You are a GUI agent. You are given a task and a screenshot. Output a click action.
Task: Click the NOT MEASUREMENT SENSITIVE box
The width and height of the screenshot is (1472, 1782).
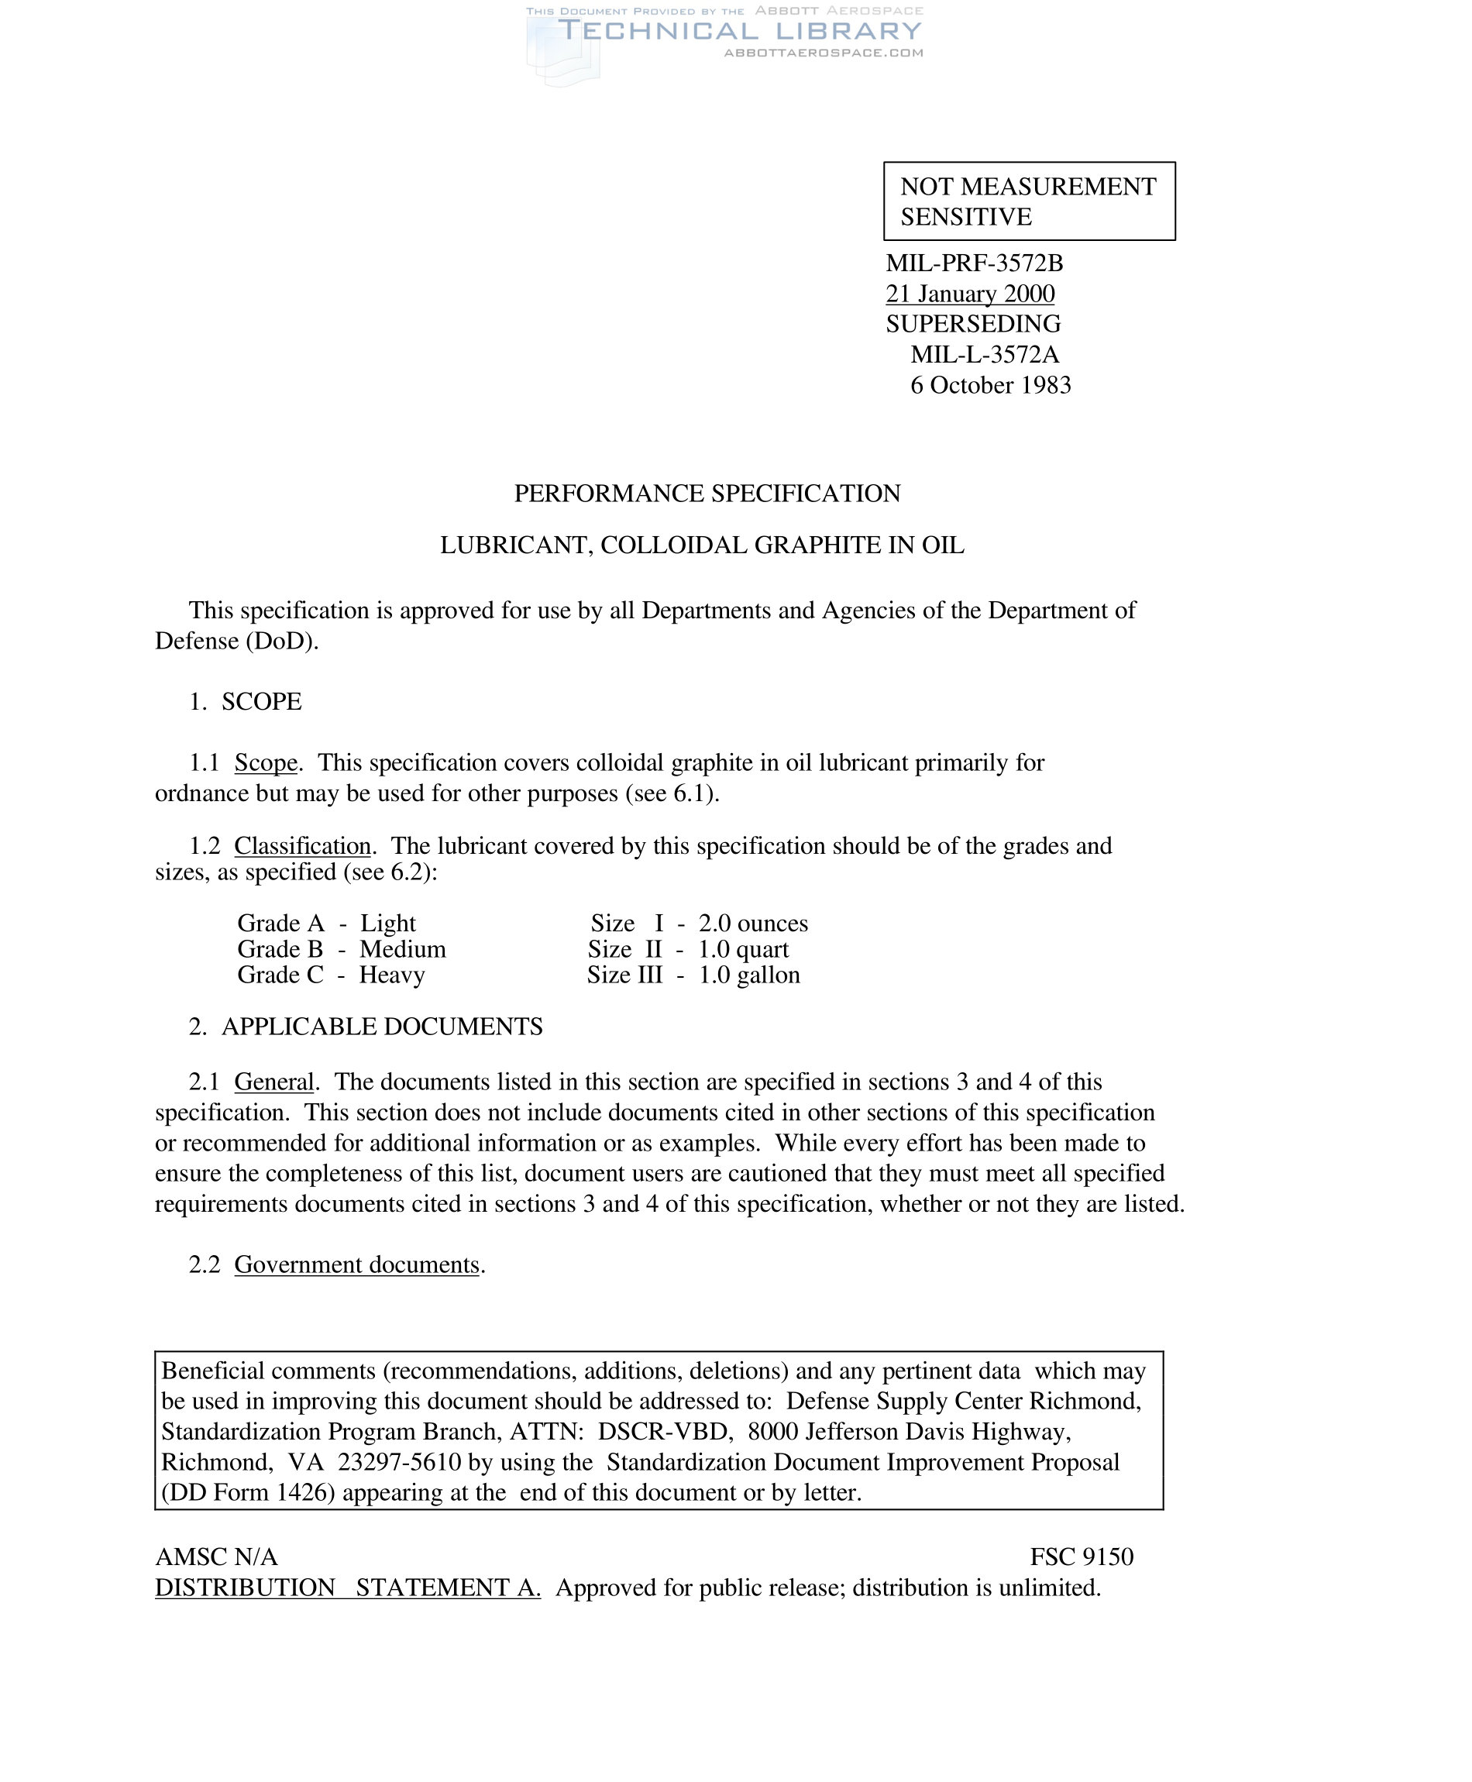point(1029,201)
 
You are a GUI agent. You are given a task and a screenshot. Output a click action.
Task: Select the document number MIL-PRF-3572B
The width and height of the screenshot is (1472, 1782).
point(975,263)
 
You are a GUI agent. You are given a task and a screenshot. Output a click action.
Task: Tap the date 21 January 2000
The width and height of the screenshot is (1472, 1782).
point(970,294)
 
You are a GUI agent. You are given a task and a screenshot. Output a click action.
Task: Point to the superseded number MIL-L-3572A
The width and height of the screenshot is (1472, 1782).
point(985,354)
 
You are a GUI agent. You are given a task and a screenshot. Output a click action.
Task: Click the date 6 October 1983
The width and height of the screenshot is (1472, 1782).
point(990,385)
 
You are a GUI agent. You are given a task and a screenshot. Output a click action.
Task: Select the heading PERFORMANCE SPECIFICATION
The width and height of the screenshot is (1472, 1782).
point(707,494)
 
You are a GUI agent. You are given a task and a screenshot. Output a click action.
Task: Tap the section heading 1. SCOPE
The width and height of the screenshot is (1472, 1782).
point(245,702)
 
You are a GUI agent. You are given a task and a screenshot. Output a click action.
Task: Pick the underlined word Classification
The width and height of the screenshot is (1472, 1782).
point(303,845)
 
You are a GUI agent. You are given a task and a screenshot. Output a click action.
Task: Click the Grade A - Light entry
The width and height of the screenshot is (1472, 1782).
point(326,924)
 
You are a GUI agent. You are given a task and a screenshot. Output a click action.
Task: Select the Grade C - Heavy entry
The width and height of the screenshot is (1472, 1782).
point(331,975)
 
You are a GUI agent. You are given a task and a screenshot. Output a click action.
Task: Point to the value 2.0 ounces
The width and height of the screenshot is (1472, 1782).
point(753,924)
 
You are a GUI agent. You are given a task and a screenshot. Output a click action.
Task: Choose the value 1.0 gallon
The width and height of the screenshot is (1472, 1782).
point(748,975)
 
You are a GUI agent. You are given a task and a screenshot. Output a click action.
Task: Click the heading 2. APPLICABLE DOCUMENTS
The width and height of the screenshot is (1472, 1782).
point(366,1027)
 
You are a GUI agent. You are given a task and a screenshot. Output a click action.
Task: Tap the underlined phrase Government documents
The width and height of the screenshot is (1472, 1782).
point(357,1265)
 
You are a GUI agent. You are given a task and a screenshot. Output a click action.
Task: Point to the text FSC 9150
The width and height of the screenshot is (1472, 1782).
point(1081,1557)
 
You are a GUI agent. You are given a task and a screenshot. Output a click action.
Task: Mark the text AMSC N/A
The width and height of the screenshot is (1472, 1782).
point(216,1557)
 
